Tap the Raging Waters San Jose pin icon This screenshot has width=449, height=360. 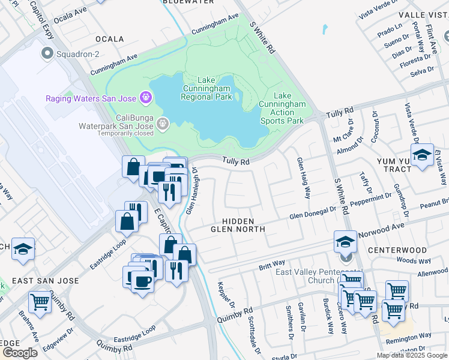145,97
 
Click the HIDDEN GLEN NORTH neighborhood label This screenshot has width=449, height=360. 238,225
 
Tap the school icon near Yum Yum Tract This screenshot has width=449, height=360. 422,155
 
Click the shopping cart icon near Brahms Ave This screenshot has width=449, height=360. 40,302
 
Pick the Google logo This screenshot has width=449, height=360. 20,353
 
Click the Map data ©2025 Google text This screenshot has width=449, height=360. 412,355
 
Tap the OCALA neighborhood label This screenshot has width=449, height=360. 109,39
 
